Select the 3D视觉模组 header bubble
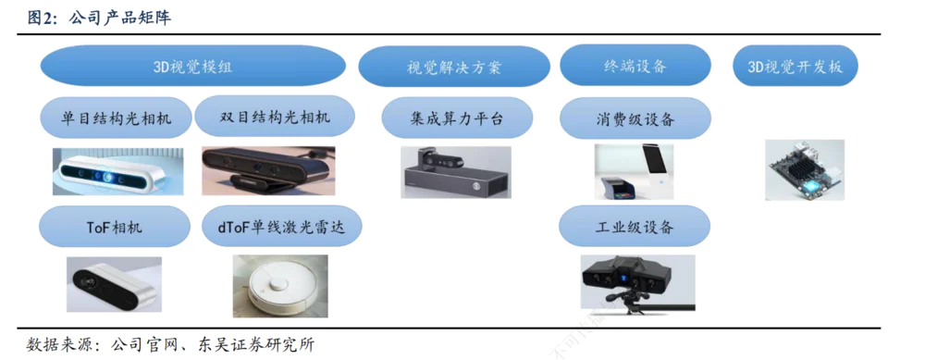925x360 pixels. click(193, 66)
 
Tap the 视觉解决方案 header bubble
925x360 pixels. click(453, 66)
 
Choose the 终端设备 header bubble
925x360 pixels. click(635, 66)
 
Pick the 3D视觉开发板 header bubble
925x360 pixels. click(795, 66)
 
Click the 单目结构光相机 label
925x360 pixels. click(117, 118)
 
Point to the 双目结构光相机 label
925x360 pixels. click(275, 117)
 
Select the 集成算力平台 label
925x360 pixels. click(457, 118)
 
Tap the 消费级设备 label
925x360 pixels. click(635, 118)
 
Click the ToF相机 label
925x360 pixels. click(115, 227)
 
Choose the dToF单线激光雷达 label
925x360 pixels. click(282, 226)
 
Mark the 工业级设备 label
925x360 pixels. click(635, 226)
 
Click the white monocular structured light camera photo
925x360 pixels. click(118, 171)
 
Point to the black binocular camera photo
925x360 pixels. click(268, 170)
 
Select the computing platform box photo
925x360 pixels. click(456, 172)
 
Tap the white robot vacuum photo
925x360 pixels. click(280, 287)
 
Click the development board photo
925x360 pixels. click(805, 170)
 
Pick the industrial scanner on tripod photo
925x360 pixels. click(637, 282)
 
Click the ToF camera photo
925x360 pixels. click(114, 284)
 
